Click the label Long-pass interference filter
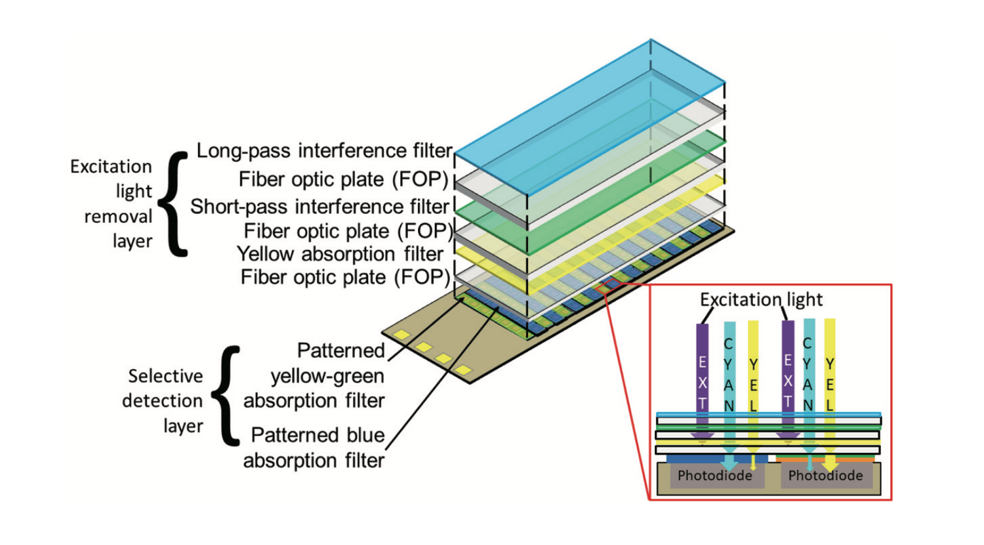point(324,150)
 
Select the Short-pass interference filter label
point(319,206)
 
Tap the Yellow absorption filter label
point(340,253)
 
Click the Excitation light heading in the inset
point(760,299)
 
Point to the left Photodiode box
point(714,476)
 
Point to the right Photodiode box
point(825,476)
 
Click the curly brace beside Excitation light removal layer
point(174,204)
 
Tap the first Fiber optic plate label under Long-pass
point(343,179)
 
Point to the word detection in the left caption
point(162,401)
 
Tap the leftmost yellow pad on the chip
point(401,336)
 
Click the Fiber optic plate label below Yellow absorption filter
point(345,277)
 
